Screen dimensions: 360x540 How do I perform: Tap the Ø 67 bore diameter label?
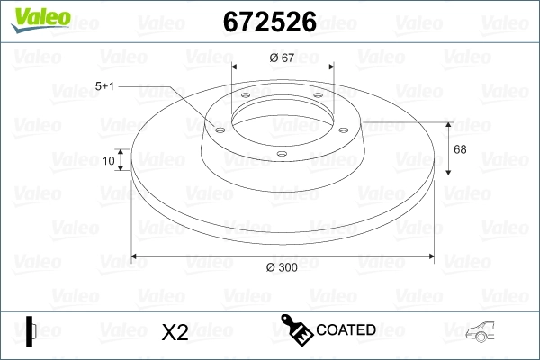click(x=283, y=58)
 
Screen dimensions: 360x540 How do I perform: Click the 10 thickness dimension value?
click(x=109, y=161)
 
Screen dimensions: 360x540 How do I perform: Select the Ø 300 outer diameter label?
click(x=282, y=267)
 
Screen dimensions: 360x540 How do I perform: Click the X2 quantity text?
click(x=174, y=332)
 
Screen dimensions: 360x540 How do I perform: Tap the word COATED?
click(x=346, y=329)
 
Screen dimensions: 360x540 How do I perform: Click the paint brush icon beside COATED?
click(x=297, y=329)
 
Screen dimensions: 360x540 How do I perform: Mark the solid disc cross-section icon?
click(x=31, y=331)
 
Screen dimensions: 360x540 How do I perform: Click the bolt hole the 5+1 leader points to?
click(x=217, y=128)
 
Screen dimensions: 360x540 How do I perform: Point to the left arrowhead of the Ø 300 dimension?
click(x=136, y=256)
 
